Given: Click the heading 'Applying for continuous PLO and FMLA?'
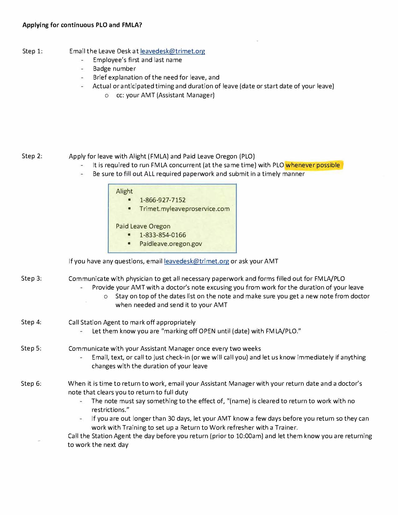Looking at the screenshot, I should (82, 25).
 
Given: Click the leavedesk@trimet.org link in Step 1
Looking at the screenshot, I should (173, 51).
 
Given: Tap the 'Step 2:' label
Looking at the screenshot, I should (32, 156).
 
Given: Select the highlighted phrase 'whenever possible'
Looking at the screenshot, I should (313, 165).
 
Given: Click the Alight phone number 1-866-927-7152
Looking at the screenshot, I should (163, 200).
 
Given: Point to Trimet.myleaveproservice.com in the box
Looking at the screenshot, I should (184, 209).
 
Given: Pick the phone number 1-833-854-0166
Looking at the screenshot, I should (163, 235).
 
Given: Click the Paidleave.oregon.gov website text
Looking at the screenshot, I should (171, 244).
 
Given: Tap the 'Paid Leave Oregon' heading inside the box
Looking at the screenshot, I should (143, 226).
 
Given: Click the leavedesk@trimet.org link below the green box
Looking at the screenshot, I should (196, 261).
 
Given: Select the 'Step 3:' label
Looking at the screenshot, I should (32, 278).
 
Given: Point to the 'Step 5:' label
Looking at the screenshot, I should (31, 348).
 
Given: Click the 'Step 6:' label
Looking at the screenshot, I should (31, 384).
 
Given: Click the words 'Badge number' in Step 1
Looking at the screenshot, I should (114, 69).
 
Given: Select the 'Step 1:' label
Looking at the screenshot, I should (32, 51).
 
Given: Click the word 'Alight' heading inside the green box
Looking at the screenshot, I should (124, 191).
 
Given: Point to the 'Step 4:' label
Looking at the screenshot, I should (31, 322).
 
